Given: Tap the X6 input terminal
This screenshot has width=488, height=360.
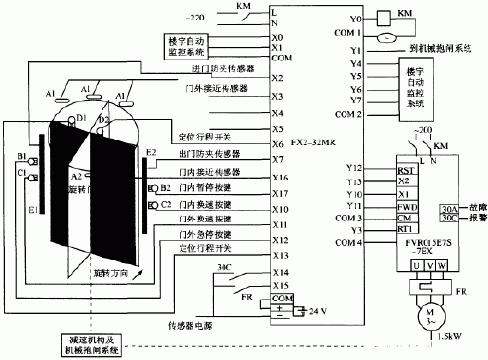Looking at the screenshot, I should coord(277,141).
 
